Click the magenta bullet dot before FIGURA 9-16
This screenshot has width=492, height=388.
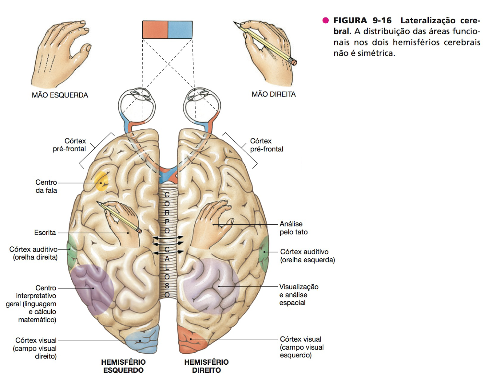coord(325,21)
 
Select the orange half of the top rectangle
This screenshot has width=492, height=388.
coord(155,30)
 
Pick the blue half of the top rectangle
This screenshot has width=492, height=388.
coord(180,30)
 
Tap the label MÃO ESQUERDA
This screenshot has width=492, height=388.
coord(60,95)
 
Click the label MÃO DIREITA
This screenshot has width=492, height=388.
coord(274,94)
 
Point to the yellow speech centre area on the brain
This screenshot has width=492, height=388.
coord(101,181)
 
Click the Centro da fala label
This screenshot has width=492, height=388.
coord(46,186)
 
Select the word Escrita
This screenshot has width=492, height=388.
coord(45,233)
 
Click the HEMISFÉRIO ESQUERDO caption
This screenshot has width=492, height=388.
coord(123,366)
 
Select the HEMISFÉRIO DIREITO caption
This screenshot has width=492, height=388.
coord(206,366)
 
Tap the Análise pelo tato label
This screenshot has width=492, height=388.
coord(293,228)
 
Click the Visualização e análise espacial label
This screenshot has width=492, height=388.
coord(298,295)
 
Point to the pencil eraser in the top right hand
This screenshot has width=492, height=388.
coord(294,62)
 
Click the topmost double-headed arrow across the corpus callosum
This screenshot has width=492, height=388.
coord(168,237)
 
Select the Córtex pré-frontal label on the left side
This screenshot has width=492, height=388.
coord(69,145)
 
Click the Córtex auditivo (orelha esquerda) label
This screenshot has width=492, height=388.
coord(307,256)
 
